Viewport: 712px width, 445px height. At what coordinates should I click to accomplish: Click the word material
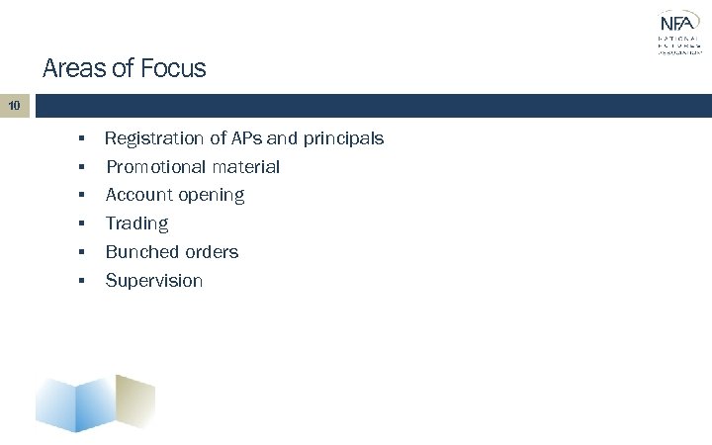pos(246,168)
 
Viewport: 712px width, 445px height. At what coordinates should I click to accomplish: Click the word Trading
pos(136,224)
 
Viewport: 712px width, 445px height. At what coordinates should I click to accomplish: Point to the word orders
pos(212,252)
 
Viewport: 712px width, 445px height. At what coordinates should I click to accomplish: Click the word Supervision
pos(154,281)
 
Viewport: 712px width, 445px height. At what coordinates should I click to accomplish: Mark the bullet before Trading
pos(88,224)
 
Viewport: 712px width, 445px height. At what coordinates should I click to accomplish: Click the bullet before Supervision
pos(88,281)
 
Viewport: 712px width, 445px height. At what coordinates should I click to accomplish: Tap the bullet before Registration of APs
pos(88,139)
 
